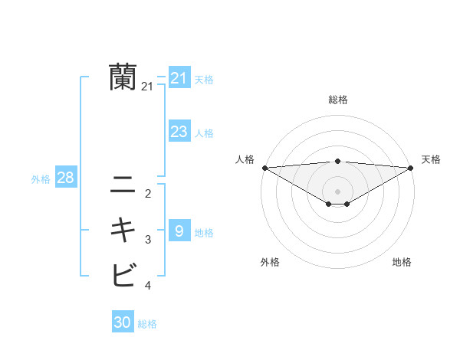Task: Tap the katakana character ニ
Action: (123, 185)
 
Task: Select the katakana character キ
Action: (123, 230)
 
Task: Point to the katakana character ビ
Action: (123, 273)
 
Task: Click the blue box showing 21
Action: (179, 77)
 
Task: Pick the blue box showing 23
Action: (179, 132)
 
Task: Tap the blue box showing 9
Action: (179, 231)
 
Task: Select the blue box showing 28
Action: (66, 178)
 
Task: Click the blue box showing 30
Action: (123, 322)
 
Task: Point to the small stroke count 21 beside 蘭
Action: (147, 87)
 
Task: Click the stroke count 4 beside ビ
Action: (148, 286)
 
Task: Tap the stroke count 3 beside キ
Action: (148, 240)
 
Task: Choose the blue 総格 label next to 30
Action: (147, 324)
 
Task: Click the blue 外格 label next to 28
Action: (41, 179)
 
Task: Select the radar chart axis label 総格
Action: (337, 100)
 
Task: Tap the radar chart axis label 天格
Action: (431, 159)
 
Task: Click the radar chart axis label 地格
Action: (402, 262)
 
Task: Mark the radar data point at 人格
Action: (264, 167)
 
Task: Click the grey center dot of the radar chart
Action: (337, 191)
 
